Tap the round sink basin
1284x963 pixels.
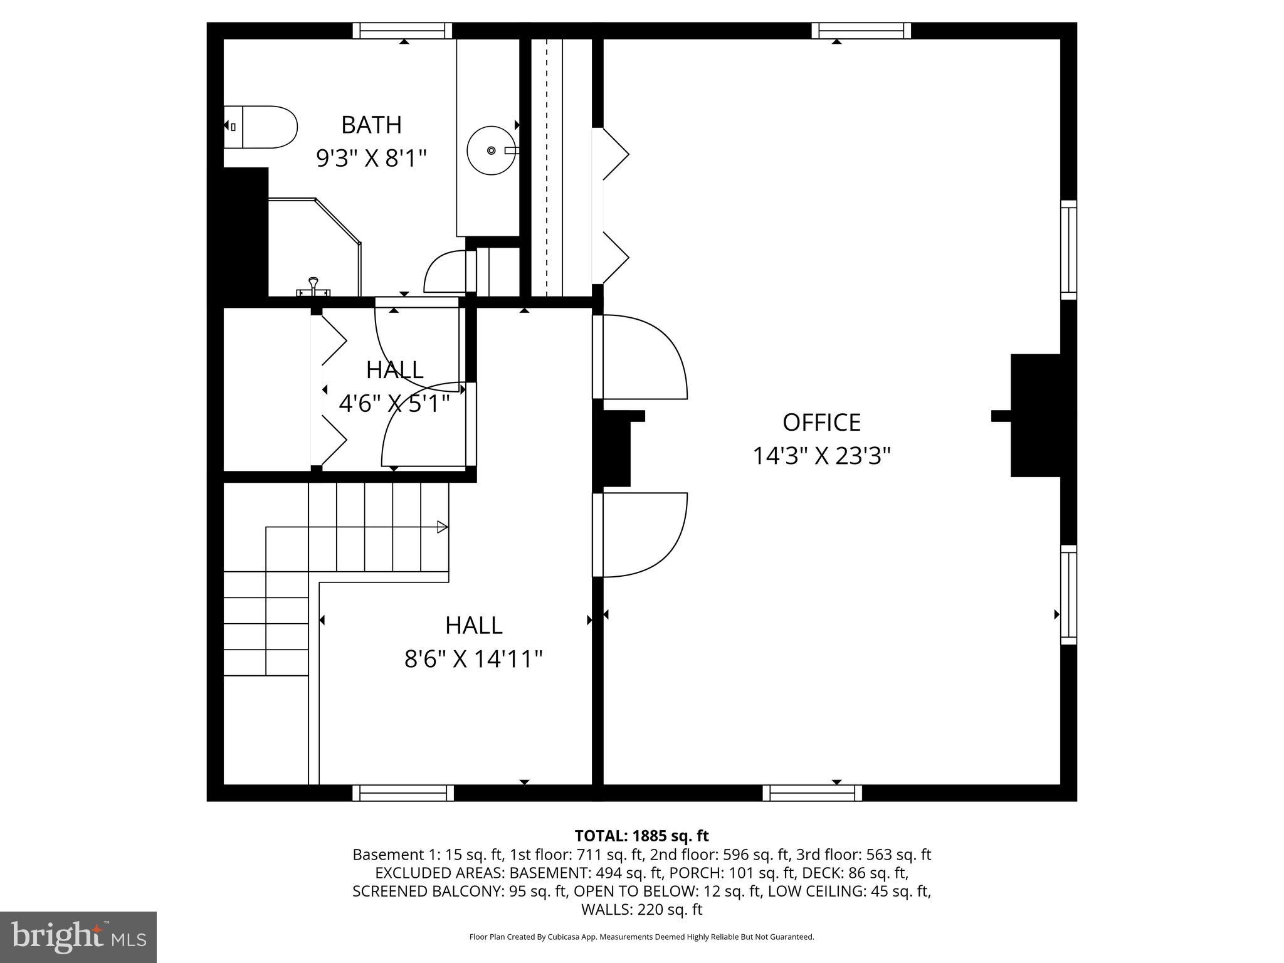click(492, 150)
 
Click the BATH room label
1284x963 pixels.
click(371, 125)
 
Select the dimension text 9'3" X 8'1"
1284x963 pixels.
click(371, 158)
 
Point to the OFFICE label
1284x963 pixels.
click(821, 423)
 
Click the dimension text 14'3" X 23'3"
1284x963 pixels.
click(821, 456)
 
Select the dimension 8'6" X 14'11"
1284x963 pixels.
click(473, 659)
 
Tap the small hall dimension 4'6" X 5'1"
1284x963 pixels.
click(394, 404)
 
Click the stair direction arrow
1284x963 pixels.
click(442, 527)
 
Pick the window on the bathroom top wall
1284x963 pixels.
click(403, 31)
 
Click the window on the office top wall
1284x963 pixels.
click(861, 31)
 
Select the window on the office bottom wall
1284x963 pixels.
click(812, 793)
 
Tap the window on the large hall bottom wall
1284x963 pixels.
click(403, 793)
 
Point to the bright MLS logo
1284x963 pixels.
click(78, 937)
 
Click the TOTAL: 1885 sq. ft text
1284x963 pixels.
click(641, 836)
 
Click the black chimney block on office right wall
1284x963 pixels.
click(1034, 416)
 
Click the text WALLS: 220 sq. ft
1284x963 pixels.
click(641, 909)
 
